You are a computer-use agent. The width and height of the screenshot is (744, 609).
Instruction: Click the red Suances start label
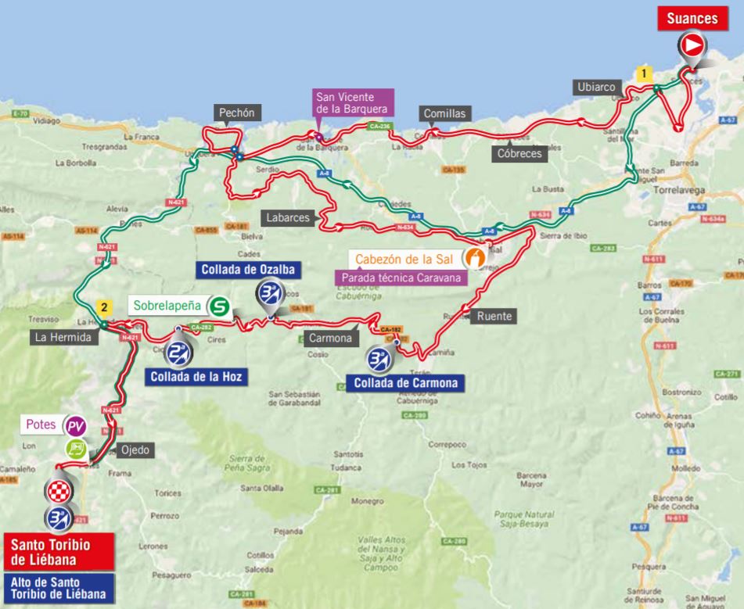(688, 20)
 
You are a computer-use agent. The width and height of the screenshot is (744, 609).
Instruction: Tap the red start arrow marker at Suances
(692, 46)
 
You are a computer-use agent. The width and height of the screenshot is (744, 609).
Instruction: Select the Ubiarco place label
(598, 87)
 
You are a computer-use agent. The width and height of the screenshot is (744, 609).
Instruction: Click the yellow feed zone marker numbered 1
(643, 73)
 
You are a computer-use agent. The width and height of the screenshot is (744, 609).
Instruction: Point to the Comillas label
(444, 113)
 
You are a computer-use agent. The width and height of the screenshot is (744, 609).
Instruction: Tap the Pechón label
(235, 113)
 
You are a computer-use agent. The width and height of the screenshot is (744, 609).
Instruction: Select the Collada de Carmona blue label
(405, 383)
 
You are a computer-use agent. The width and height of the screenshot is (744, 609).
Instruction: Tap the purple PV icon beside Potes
(75, 426)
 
